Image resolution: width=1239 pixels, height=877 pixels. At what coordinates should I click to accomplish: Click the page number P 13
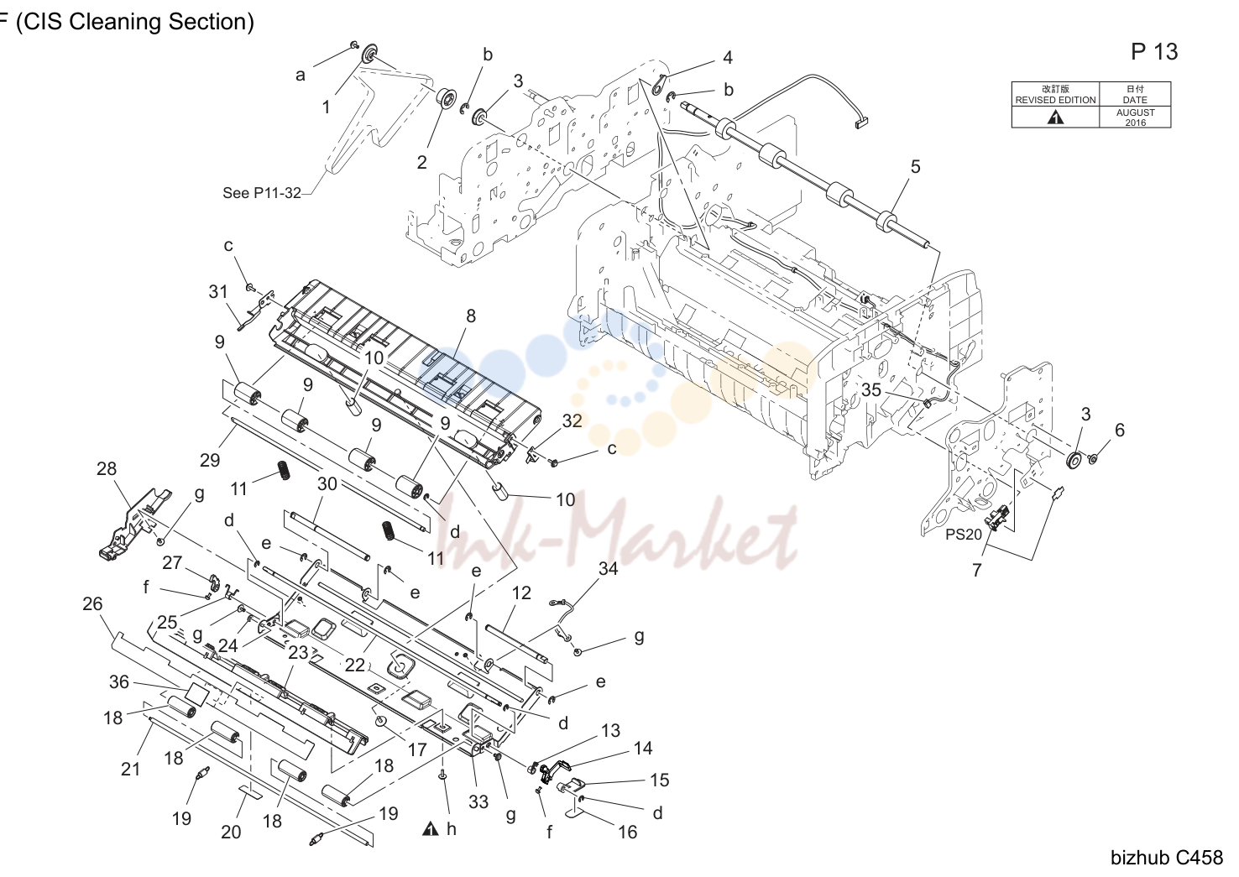point(1154,51)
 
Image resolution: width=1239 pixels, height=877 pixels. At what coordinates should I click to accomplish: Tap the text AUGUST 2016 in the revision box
point(1135,117)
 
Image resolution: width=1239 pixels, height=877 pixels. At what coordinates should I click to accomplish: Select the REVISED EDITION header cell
point(1055,94)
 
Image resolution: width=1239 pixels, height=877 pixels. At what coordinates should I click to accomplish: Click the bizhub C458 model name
point(1167,857)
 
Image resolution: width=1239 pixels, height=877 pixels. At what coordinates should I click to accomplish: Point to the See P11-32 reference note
point(262,192)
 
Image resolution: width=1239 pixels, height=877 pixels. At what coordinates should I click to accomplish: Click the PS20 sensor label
point(964,534)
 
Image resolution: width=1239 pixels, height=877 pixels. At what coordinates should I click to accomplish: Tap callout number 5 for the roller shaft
point(916,166)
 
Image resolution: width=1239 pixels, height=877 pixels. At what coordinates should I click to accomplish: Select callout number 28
point(107,468)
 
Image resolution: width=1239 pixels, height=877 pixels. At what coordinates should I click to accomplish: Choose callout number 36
point(119,681)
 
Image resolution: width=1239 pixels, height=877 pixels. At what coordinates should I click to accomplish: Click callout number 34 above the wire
point(608,568)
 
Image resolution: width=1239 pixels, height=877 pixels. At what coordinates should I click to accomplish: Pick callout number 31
point(218,291)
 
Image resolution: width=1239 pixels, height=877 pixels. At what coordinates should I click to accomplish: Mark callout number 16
point(627,832)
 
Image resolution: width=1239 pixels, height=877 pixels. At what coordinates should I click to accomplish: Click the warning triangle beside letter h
point(431,828)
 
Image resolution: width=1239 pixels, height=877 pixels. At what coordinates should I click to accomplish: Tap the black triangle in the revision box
point(1055,117)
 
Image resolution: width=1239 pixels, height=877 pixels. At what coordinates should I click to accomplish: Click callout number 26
point(92,603)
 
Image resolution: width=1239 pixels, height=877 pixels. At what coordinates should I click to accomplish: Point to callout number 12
point(521,592)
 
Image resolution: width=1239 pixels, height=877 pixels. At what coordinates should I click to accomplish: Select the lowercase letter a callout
point(301,76)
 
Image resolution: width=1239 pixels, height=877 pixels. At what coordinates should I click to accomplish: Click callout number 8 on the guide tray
point(471,316)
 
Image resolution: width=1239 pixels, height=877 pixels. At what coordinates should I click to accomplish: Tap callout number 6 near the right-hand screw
point(1120,430)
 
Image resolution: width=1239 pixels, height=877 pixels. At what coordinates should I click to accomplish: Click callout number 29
point(210,460)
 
